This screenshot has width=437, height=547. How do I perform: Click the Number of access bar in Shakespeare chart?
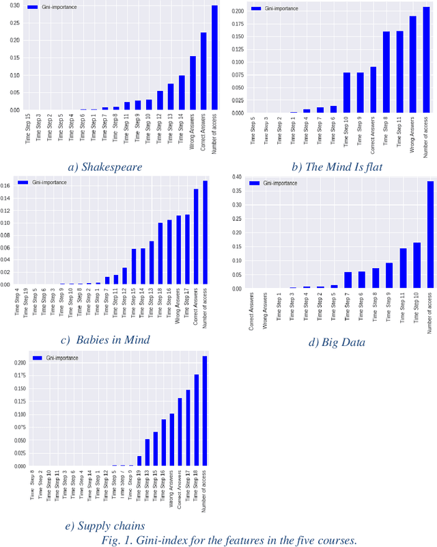(x=214, y=58)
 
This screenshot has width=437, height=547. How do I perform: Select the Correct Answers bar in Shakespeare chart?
(x=203, y=71)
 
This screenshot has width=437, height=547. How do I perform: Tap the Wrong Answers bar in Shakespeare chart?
(x=193, y=83)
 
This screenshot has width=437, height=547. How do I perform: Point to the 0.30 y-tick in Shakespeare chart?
(x=13, y=5)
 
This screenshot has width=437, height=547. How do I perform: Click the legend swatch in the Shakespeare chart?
(x=33, y=7)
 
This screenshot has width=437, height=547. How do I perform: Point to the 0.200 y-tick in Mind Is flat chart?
(x=237, y=12)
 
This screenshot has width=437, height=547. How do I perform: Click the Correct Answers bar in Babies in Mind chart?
(x=196, y=237)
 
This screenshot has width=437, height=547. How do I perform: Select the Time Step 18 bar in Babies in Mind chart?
(x=160, y=254)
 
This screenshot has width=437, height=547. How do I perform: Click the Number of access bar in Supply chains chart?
(x=205, y=411)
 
